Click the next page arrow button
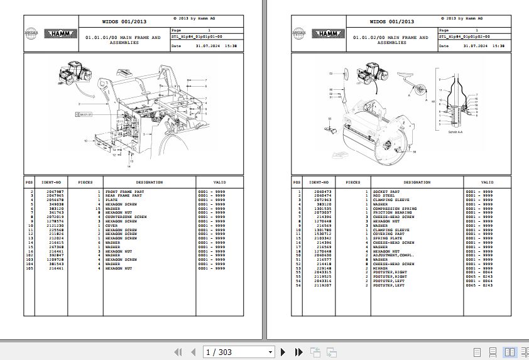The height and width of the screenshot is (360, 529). click(x=283, y=352)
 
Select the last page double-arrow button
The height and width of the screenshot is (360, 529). click(x=299, y=352)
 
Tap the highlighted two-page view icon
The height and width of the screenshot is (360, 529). click(x=510, y=352)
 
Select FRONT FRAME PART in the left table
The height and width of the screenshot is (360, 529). click(x=124, y=191)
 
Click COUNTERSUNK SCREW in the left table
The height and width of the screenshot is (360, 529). click(x=126, y=217)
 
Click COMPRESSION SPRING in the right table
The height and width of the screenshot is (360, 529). click(x=395, y=208)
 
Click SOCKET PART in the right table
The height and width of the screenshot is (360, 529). click(x=386, y=191)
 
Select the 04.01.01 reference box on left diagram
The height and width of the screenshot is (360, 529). click(x=85, y=115)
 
